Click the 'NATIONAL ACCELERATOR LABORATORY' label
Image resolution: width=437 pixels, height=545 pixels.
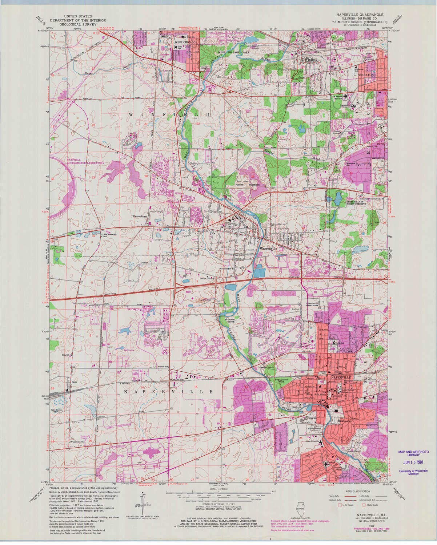tap(85, 162)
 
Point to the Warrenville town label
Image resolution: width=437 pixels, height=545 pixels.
tap(269, 248)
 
